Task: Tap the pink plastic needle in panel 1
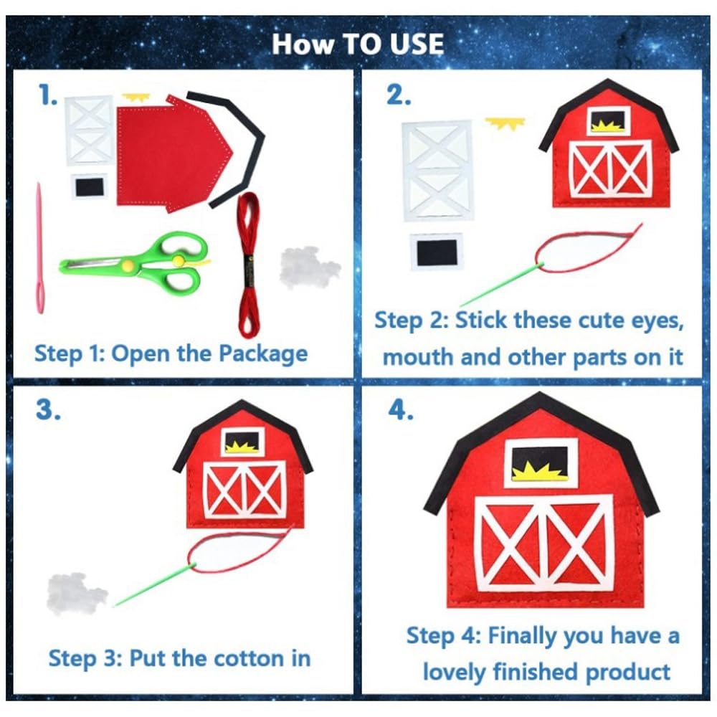pos(40,250)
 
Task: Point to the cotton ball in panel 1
pos(310,267)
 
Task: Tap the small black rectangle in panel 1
pos(90,186)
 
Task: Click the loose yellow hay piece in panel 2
pos(505,123)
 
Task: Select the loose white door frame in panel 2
pos(437,171)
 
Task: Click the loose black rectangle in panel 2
pos(437,252)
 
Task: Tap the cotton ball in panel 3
pos(75,593)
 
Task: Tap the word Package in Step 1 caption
pos(263,354)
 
